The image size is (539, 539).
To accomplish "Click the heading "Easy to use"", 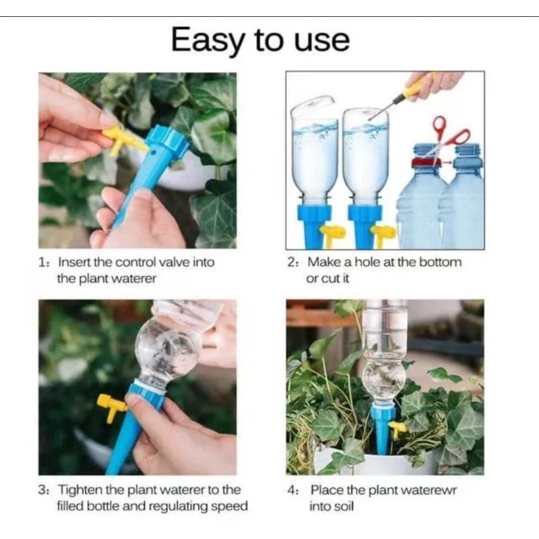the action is click(260, 40).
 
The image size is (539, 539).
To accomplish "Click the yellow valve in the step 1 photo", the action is click(122, 140).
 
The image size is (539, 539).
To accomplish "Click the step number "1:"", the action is click(44, 262).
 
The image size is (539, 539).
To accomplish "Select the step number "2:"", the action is click(293, 262).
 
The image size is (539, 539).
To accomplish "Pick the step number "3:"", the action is click(44, 490).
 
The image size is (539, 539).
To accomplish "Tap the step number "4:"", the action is click(293, 490).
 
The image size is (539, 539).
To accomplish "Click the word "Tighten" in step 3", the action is click(80, 490).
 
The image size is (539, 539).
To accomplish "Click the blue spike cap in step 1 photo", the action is click(168, 140).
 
